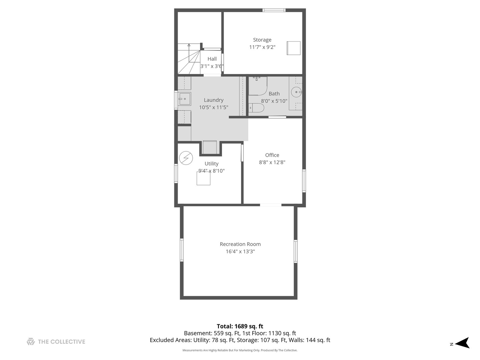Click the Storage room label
tap(262, 40)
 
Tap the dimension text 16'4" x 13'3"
tap(240, 251)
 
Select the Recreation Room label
tap(240, 244)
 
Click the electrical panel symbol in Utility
tap(186, 158)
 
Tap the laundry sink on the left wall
tap(184, 99)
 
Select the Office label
tap(272, 155)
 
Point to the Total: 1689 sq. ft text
tap(240, 326)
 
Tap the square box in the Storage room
tap(294, 48)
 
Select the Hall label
tap(212, 59)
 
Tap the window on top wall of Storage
tap(274, 10)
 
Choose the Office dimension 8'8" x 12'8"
tap(272, 162)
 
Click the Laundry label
tap(214, 100)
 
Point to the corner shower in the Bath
tap(258, 86)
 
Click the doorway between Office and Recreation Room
tap(271, 205)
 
